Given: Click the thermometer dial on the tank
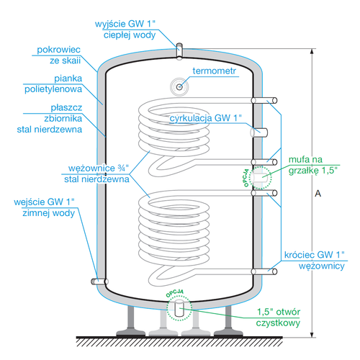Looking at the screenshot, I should (x=178, y=86).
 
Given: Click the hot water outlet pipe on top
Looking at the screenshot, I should (x=179, y=50).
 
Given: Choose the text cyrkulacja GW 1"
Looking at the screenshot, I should (x=205, y=117).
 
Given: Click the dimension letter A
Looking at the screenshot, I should (x=318, y=194).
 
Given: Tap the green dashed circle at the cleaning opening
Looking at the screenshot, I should (x=178, y=308).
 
